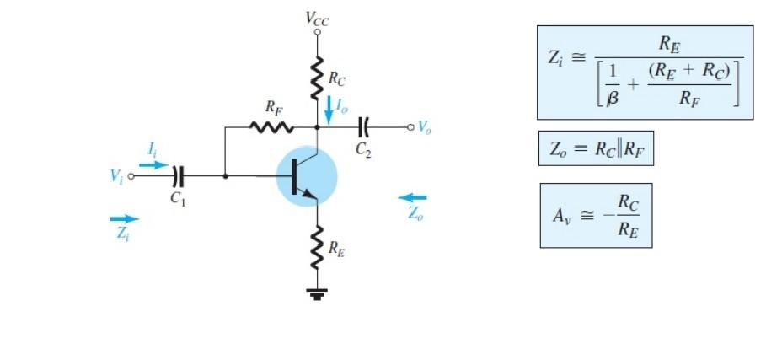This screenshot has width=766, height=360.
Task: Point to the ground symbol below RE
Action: [318, 294]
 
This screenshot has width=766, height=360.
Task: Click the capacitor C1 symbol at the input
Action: [177, 176]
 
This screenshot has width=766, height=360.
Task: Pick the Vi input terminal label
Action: [115, 176]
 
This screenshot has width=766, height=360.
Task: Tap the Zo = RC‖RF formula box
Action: [596, 150]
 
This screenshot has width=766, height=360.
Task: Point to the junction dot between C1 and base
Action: [225, 176]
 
